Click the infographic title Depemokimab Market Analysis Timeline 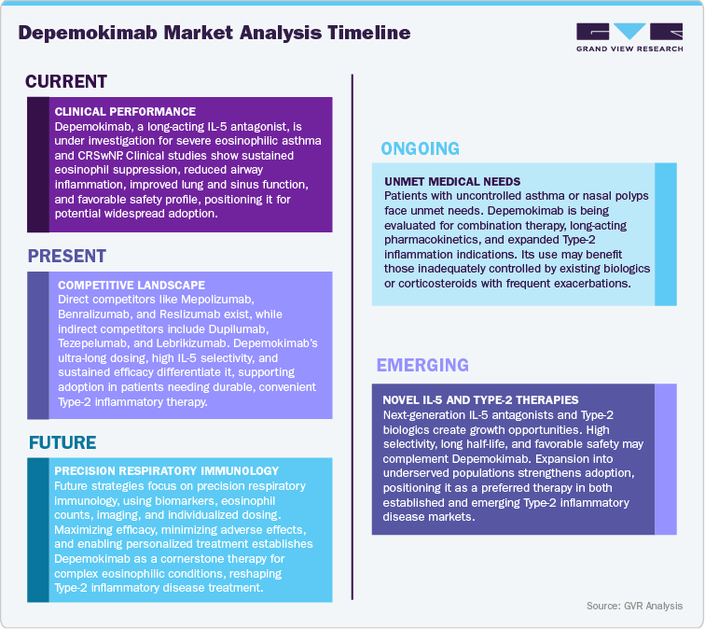tap(214, 34)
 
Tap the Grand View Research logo tap(629, 36)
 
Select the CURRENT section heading tap(66, 82)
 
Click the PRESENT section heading tap(67, 256)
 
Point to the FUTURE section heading tap(62, 441)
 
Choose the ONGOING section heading tap(421, 147)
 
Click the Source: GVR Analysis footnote tap(634, 607)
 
